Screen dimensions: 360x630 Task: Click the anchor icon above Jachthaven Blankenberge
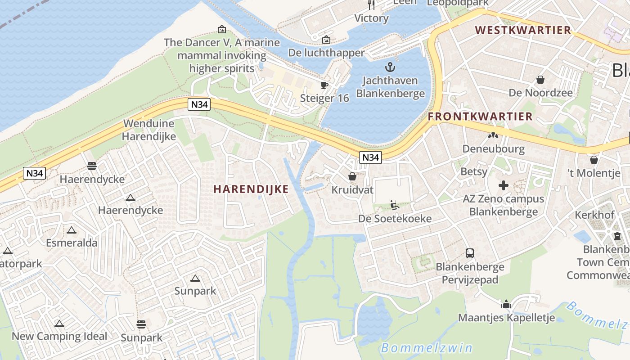[x=390, y=67]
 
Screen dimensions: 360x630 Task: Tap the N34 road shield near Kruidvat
[x=370, y=157]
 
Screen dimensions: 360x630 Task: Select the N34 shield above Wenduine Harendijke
[x=199, y=105]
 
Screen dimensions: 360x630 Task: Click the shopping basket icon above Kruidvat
[x=352, y=176]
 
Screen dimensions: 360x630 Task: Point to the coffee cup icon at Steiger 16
[x=324, y=85]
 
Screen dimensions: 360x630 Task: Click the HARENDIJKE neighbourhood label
[x=251, y=189]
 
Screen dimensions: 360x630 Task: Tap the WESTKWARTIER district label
[x=523, y=31]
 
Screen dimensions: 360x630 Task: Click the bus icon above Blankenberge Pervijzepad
[x=469, y=253]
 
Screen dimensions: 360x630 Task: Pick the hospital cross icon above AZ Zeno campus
[x=504, y=185]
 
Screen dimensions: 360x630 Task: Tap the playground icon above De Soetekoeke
[x=395, y=205]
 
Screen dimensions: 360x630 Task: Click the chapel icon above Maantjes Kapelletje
[x=506, y=305]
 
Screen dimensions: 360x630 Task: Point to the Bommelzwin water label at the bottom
[x=426, y=348]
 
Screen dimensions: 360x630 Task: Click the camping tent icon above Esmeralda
[x=71, y=230]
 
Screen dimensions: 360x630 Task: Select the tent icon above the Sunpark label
[x=195, y=279]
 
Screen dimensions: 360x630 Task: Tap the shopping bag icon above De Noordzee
[x=540, y=80]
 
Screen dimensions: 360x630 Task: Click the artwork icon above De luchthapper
[x=326, y=40]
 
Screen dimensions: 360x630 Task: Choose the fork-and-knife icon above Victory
[x=371, y=5]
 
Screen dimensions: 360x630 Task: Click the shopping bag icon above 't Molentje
[x=594, y=160]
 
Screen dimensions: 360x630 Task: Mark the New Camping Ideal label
[x=59, y=336]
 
